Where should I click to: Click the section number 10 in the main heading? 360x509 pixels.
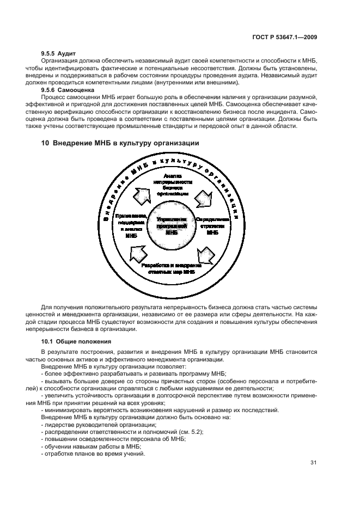45,143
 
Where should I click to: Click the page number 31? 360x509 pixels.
313,463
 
